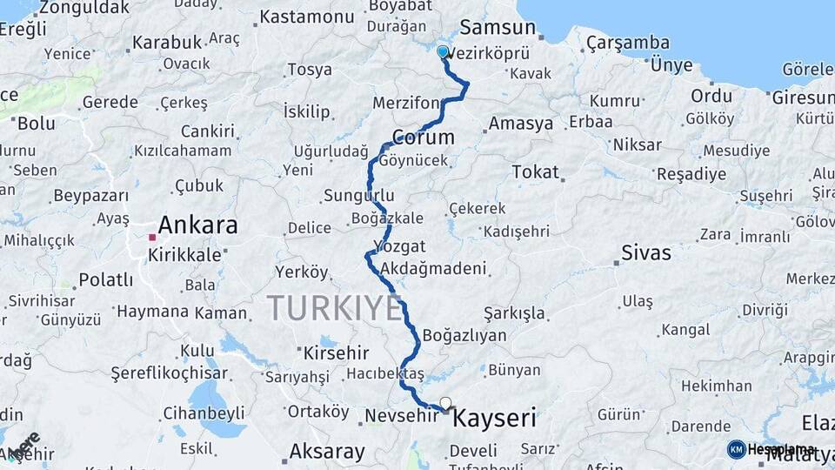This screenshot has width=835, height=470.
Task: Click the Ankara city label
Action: coord(198,225)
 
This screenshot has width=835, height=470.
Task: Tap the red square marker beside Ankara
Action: coord(152,237)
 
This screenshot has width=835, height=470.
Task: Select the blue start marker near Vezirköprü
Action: coord(443,52)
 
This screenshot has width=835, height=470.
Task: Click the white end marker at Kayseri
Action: coord(446,403)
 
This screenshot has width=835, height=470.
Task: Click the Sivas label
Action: coord(646,253)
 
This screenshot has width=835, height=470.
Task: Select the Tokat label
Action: coord(535,171)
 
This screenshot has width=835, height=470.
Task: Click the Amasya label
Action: coord(520,124)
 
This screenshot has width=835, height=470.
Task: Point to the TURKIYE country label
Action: coord(335,307)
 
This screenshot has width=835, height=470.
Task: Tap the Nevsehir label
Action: coord(400,416)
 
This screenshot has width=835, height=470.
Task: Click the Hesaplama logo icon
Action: coord(736,449)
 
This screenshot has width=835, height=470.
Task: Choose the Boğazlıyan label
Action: coord(464,335)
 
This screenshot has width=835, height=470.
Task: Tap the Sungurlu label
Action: coord(358,195)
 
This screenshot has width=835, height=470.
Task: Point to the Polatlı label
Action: coord(106,279)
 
